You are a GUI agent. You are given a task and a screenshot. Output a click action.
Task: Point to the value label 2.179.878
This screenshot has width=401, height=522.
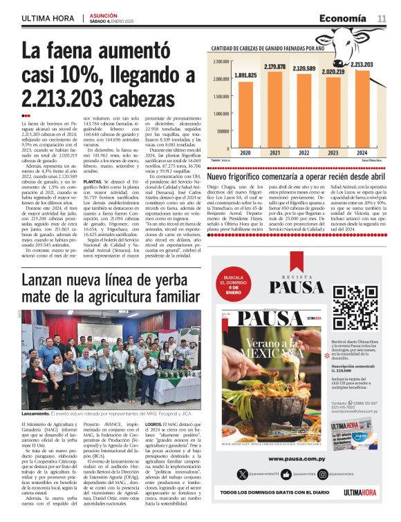click(274, 66)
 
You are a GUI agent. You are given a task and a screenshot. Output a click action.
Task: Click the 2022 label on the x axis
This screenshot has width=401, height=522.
click(304, 152)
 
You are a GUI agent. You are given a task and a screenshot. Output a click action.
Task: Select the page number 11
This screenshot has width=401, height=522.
click(382, 18)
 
